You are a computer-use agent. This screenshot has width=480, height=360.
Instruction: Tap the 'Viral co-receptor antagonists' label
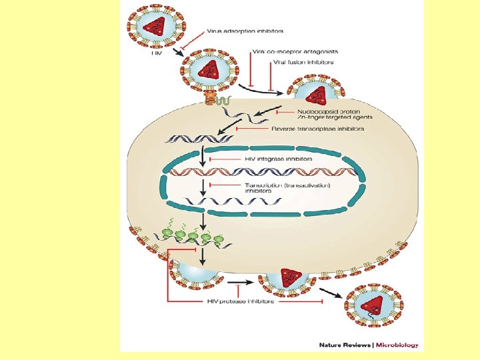click(287, 51)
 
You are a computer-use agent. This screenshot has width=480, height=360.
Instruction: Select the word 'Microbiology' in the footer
click(398, 345)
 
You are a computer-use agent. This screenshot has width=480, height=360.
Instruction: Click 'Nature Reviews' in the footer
click(346, 345)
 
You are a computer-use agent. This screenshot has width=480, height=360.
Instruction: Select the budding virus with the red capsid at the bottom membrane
click(288, 280)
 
